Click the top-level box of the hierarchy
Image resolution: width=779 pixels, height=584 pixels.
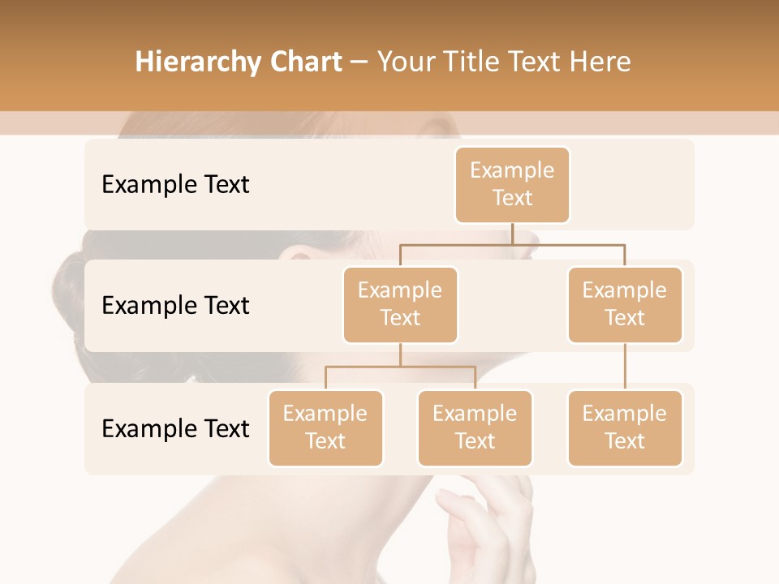coord(512,184)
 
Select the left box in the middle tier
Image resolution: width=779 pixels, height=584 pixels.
coord(400,304)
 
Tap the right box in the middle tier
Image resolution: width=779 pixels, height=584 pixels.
coord(625,304)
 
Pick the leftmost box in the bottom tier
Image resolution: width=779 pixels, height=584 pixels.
coord(325,427)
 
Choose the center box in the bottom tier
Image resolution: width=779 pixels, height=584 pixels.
coord(475,427)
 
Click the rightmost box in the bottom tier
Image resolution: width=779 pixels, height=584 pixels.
coord(625,427)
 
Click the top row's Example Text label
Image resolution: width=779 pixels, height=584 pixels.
coord(175,184)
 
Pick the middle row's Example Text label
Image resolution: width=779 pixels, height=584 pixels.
coord(175,305)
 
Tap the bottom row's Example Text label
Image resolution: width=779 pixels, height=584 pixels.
coord(175,427)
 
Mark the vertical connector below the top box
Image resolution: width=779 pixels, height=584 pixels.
coord(512,234)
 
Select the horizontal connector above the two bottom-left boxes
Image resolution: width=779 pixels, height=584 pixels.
coord(400,367)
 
